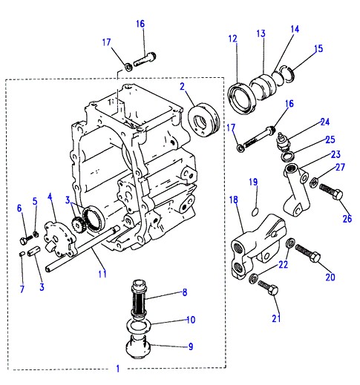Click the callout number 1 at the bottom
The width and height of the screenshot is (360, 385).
point(118,369)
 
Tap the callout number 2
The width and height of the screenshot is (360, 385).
point(183,87)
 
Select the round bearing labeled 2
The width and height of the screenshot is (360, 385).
point(204,120)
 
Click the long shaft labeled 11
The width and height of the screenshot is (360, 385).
point(82,249)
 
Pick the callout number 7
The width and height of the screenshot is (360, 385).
point(22,289)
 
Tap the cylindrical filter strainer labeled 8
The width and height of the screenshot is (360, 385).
point(139,299)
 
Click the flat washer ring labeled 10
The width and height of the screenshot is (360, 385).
point(140,326)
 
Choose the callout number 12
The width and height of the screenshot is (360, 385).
point(232,39)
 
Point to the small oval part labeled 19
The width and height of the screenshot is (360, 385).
point(255,211)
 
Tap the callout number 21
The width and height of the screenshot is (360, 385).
point(276,318)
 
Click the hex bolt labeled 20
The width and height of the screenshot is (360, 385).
point(308,253)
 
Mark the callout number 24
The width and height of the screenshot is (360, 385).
point(325,122)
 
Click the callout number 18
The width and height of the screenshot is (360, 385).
point(234,200)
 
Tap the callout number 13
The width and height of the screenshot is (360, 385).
point(261,33)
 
